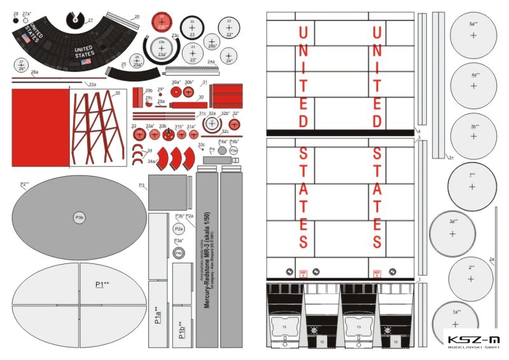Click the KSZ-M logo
point(473,342)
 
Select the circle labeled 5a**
point(473,35)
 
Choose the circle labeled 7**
point(472,186)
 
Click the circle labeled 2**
point(471,279)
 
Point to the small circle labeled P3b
point(80,217)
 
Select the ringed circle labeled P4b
point(179,253)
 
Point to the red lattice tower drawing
point(97,127)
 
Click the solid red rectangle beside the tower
point(40,127)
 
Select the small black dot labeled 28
point(16,19)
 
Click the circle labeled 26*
point(21,64)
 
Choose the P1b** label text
point(182,329)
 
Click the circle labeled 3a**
point(452,233)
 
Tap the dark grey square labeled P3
point(167,193)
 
